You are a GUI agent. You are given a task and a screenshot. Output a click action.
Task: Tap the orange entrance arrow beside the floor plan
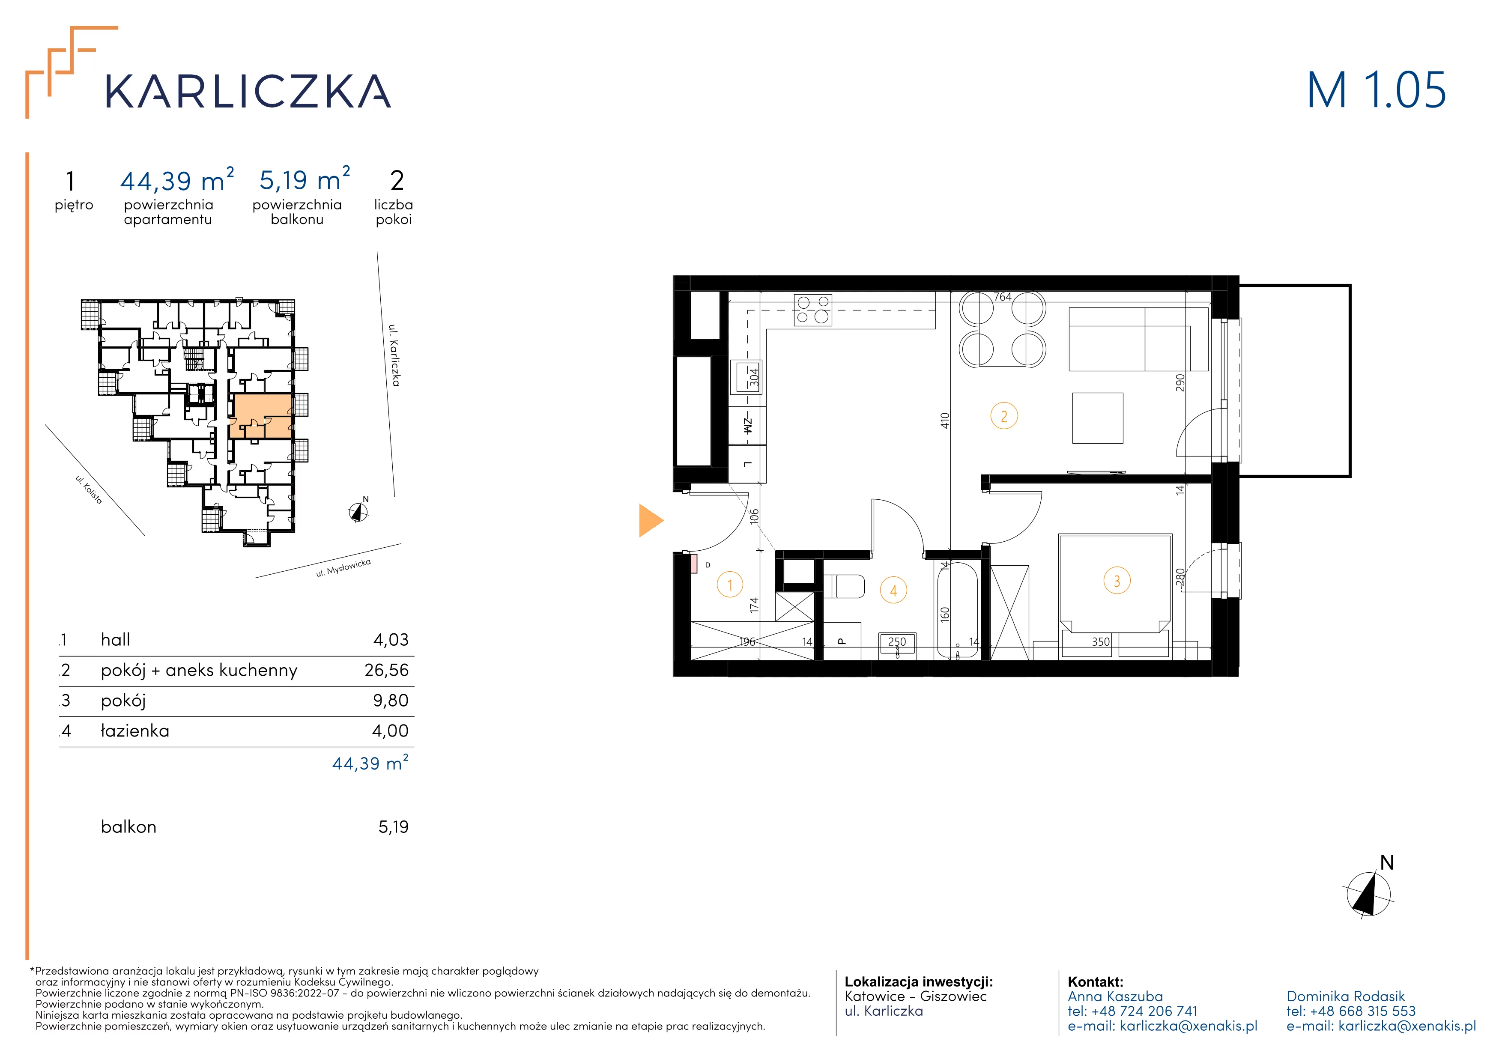[651, 521]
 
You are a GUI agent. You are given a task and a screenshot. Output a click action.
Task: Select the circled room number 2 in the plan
[1004, 416]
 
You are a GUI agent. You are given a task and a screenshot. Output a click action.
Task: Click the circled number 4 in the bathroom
[893, 591]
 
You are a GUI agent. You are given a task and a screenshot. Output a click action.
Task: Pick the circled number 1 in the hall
[730, 585]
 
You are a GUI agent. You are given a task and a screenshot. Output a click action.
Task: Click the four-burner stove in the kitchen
[812, 310]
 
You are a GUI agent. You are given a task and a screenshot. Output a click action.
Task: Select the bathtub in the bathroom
[958, 609]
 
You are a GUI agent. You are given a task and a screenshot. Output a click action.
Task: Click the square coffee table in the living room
[1098, 418]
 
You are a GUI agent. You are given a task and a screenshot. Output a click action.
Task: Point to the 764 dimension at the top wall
[1002, 297]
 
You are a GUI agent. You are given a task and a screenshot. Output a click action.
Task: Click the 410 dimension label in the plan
[944, 421]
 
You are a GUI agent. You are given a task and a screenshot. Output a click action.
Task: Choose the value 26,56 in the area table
[387, 670]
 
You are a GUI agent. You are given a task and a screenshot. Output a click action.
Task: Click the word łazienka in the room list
[135, 731]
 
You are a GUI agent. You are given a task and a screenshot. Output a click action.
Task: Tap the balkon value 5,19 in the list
[393, 827]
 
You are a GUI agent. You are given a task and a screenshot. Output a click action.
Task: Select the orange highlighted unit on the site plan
[261, 416]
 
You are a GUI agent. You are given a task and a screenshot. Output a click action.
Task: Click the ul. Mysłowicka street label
[343, 568]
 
